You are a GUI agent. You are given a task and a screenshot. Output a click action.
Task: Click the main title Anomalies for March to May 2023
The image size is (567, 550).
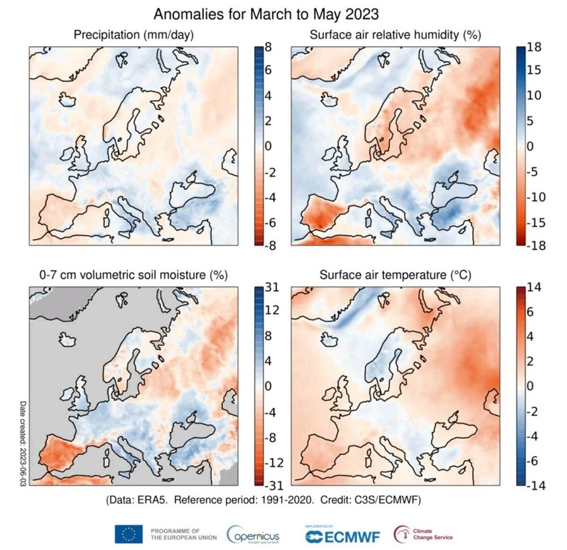(266, 13)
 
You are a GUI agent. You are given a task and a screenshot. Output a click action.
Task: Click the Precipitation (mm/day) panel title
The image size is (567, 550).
(134, 35)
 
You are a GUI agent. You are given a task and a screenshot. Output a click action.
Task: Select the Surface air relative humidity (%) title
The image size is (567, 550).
(396, 35)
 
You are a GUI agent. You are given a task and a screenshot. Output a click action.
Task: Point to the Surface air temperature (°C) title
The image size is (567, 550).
(396, 276)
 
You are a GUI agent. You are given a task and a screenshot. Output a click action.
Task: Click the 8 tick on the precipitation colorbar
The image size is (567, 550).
(268, 49)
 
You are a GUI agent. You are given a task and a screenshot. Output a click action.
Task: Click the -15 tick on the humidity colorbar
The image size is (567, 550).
(536, 222)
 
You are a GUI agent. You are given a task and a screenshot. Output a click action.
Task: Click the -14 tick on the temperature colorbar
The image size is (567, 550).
(536, 485)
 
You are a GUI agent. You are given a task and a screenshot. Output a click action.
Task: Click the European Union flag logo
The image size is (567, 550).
(129, 533)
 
